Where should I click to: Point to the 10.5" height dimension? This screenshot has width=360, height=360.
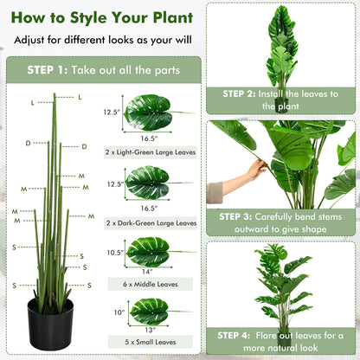[x=114, y=252]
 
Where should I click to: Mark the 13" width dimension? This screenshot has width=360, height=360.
[x=147, y=329]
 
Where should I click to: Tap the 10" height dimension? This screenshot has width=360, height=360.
[x=117, y=312]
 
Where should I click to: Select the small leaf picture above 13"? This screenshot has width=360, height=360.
[x=149, y=311]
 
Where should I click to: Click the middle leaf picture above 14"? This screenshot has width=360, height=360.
[x=149, y=252]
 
